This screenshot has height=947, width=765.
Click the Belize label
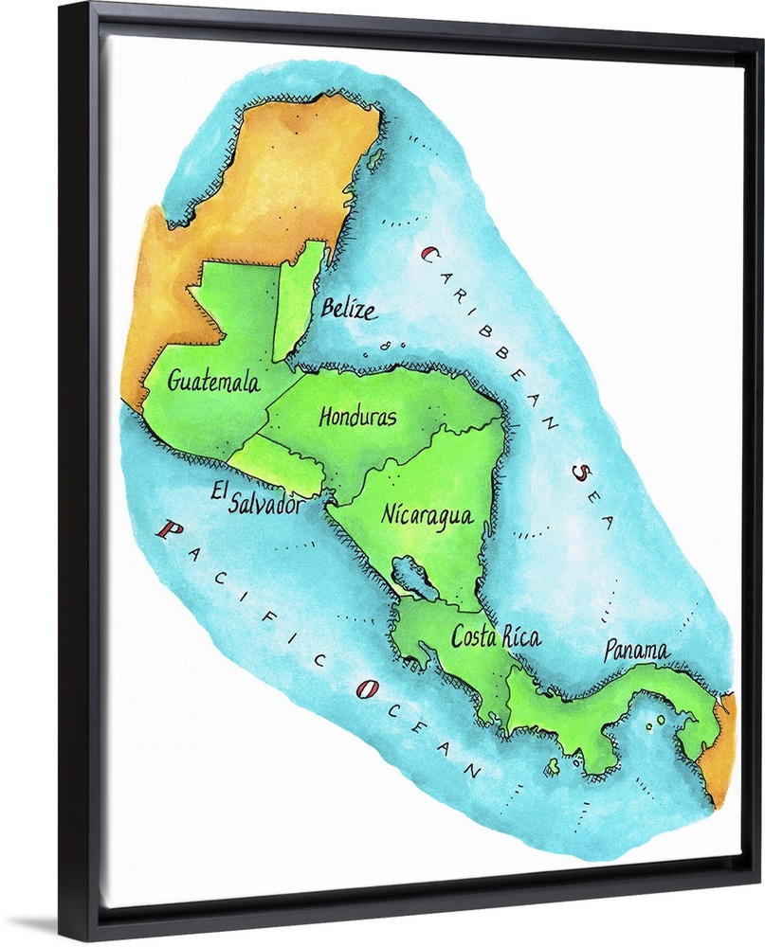[x=347, y=309]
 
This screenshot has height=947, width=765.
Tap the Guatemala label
[x=213, y=382]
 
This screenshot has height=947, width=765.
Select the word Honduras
[x=357, y=417]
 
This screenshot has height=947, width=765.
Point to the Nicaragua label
[x=427, y=515]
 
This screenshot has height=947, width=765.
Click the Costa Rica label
[x=496, y=637]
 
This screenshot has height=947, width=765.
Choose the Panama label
[x=636, y=652]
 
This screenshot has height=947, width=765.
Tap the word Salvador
[x=266, y=505]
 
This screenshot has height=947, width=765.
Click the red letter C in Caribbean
[x=428, y=254]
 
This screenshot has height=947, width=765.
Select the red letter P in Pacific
[x=170, y=530]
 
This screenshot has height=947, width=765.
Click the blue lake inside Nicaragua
[x=414, y=578]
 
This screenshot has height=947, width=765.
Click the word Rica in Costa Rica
[x=522, y=637]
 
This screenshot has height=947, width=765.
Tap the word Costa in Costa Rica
[x=474, y=637]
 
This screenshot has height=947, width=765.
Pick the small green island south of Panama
[x=552, y=767]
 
